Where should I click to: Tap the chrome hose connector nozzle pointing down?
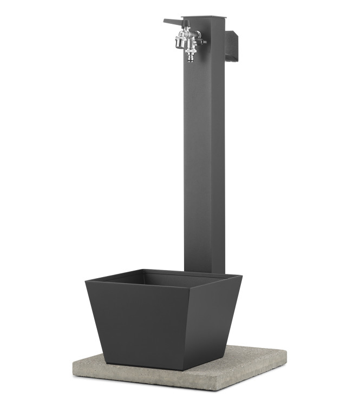pos(190,54)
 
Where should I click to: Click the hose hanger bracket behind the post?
pos(231,45)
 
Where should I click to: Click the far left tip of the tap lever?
pos(165,22)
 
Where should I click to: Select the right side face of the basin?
pos(222,314)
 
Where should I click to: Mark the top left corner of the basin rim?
pos(86,280)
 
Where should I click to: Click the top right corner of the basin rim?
pos(241,276)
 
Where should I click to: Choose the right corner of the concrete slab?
pos(285,356)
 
